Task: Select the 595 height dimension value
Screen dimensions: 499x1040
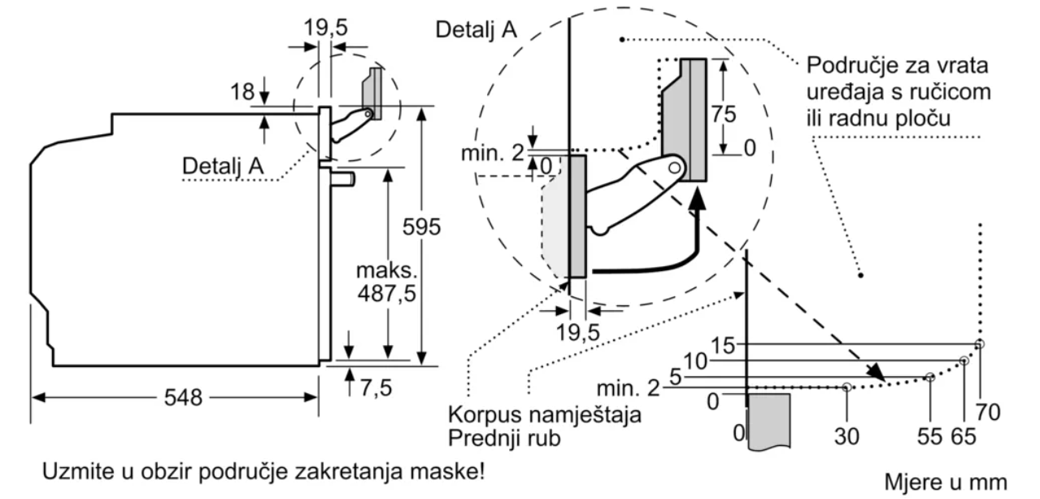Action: click(423, 227)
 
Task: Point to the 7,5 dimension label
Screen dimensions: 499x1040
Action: click(375, 387)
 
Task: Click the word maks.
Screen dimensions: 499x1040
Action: click(382, 269)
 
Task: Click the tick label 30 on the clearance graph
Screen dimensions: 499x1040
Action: click(846, 436)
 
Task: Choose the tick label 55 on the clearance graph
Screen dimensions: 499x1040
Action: click(929, 436)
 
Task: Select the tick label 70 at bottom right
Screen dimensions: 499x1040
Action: click(987, 413)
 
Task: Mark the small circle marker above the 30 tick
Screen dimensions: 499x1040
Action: click(846, 387)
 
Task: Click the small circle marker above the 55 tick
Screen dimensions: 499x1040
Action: click(930, 377)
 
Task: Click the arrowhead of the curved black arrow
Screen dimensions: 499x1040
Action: click(698, 198)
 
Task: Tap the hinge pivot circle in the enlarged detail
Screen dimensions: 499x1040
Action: click(675, 167)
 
